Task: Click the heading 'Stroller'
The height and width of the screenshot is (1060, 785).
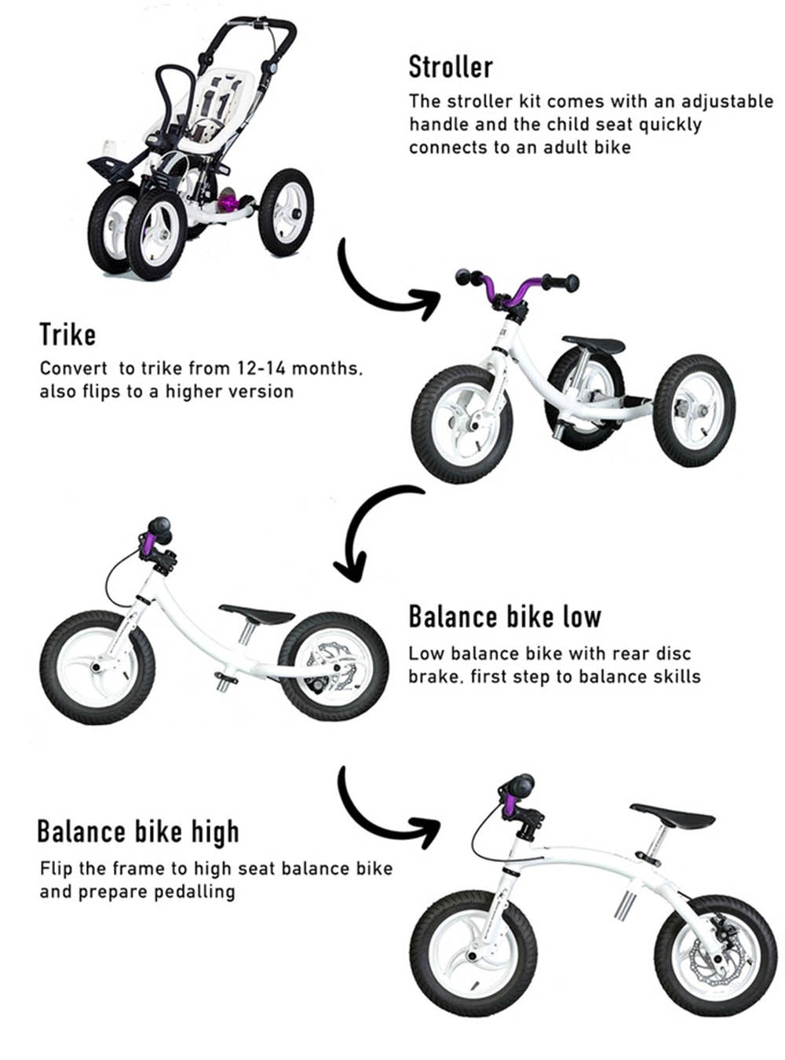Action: click(x=451, y=67)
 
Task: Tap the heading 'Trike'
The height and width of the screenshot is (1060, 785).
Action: click(x=68, y=334)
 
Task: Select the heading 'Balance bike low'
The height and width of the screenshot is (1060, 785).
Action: click(x=505, y=616)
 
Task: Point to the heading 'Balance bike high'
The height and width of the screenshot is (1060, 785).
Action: click(x=138, y=832)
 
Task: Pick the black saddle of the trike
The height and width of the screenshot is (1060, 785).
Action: click(x=594, y=345)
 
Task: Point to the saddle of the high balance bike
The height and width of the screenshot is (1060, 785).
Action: click(x=673, y=815)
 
